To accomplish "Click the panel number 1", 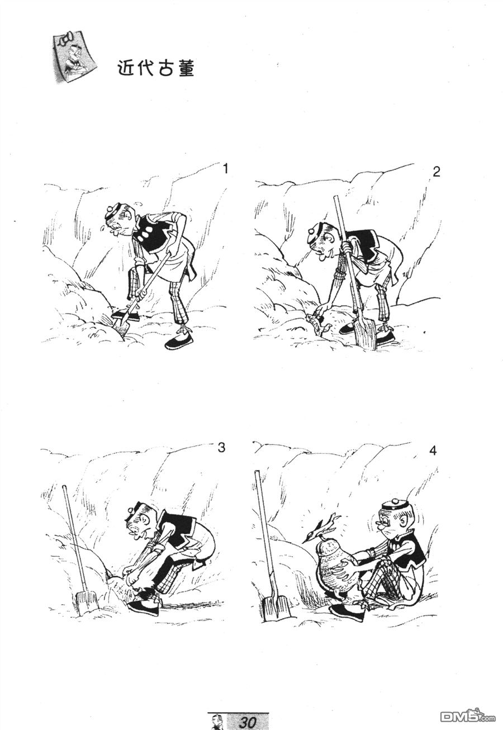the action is pyautogui.click(x=225, y=169).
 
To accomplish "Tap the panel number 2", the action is pyautogui.click(x=436, y=172).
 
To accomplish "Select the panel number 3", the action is pyautogui.click(x=221, y=448).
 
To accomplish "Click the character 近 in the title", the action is pyautogui.click(x=125, y=68).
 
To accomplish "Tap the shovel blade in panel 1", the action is pyautogui.click(x=121, y=327).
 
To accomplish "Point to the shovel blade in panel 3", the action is pyautogui.click(x=87, y=603).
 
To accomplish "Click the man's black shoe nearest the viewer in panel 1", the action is pyautogui.click(x=179, y=342).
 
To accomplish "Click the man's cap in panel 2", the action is pyautogui.click(x=315, y=231).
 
